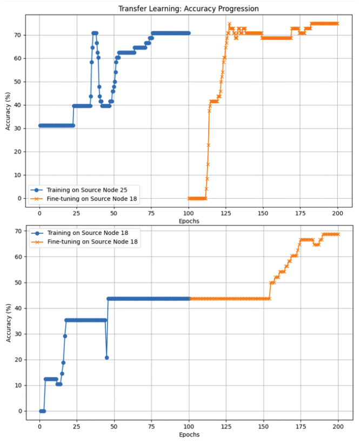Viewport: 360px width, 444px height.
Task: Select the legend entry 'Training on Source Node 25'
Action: tap(82, 190)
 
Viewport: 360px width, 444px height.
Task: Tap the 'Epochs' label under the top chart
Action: tap(188, 221)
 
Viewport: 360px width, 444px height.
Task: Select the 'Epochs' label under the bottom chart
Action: tap(188, 434)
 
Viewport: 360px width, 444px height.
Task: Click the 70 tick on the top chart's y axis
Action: tap(18, 35)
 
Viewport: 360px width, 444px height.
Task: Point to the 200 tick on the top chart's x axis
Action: tap(338, 214)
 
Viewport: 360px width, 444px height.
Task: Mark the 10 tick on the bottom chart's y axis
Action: tap(18, 385)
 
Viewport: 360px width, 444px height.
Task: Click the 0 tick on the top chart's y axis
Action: tap(21, 198)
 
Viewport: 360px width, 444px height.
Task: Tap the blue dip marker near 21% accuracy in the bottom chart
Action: tap(106, 358)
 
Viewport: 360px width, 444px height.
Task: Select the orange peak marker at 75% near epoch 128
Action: tap(229, 24)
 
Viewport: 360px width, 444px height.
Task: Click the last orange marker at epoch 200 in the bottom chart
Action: tap(338, 234)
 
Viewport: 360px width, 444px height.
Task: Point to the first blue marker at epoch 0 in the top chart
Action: tap(39, 125)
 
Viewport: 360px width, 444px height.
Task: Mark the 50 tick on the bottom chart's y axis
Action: tap(18, 282)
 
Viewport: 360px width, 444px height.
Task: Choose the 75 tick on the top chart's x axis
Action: tap(151, 214)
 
